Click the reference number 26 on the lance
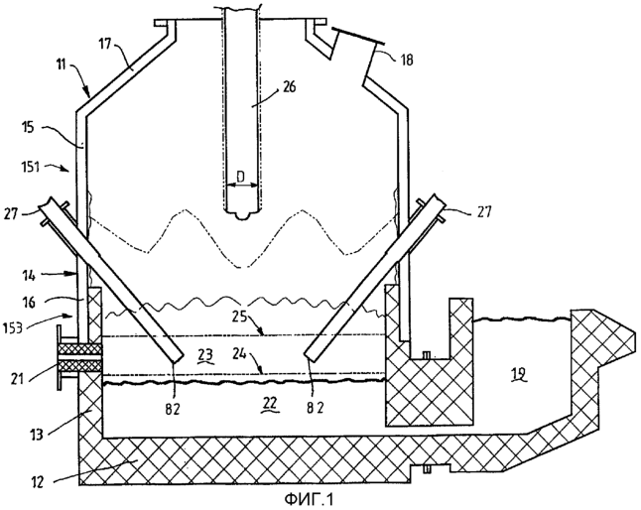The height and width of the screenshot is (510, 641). [289, 87]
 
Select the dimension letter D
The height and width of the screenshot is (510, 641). [241, 177]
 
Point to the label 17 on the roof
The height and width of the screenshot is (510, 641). [104, 44]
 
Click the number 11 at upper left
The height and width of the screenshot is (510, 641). [61, 64]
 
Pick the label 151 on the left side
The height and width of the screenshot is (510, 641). [30, 167]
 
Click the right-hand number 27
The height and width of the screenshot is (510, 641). [484, 212]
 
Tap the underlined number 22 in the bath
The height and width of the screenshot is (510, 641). [270, 404]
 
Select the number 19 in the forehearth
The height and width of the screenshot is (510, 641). [519, 373]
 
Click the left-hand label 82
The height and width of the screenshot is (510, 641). [173, 409]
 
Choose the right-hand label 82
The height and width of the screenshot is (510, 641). [316, 408]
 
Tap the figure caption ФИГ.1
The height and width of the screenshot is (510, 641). [309, 499]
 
